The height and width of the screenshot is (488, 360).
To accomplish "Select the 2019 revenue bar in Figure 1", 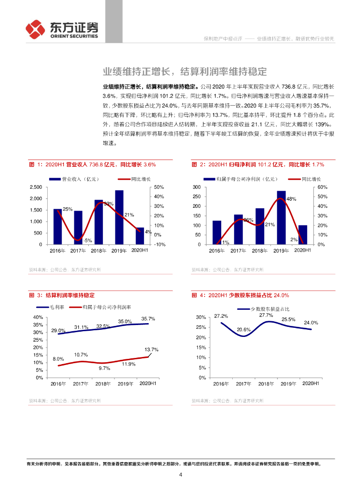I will coord(119,217).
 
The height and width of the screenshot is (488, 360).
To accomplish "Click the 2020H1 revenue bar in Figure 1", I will coord(139,236).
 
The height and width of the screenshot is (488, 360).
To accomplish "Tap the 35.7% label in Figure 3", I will coord(148,318).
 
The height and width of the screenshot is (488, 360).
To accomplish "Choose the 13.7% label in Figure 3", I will coord(151,350).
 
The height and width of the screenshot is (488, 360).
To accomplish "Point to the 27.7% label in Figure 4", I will coord(266,315).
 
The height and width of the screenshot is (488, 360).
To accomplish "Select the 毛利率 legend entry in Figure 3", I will coord(59,307).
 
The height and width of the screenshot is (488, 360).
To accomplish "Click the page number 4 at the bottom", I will coord(180,475).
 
